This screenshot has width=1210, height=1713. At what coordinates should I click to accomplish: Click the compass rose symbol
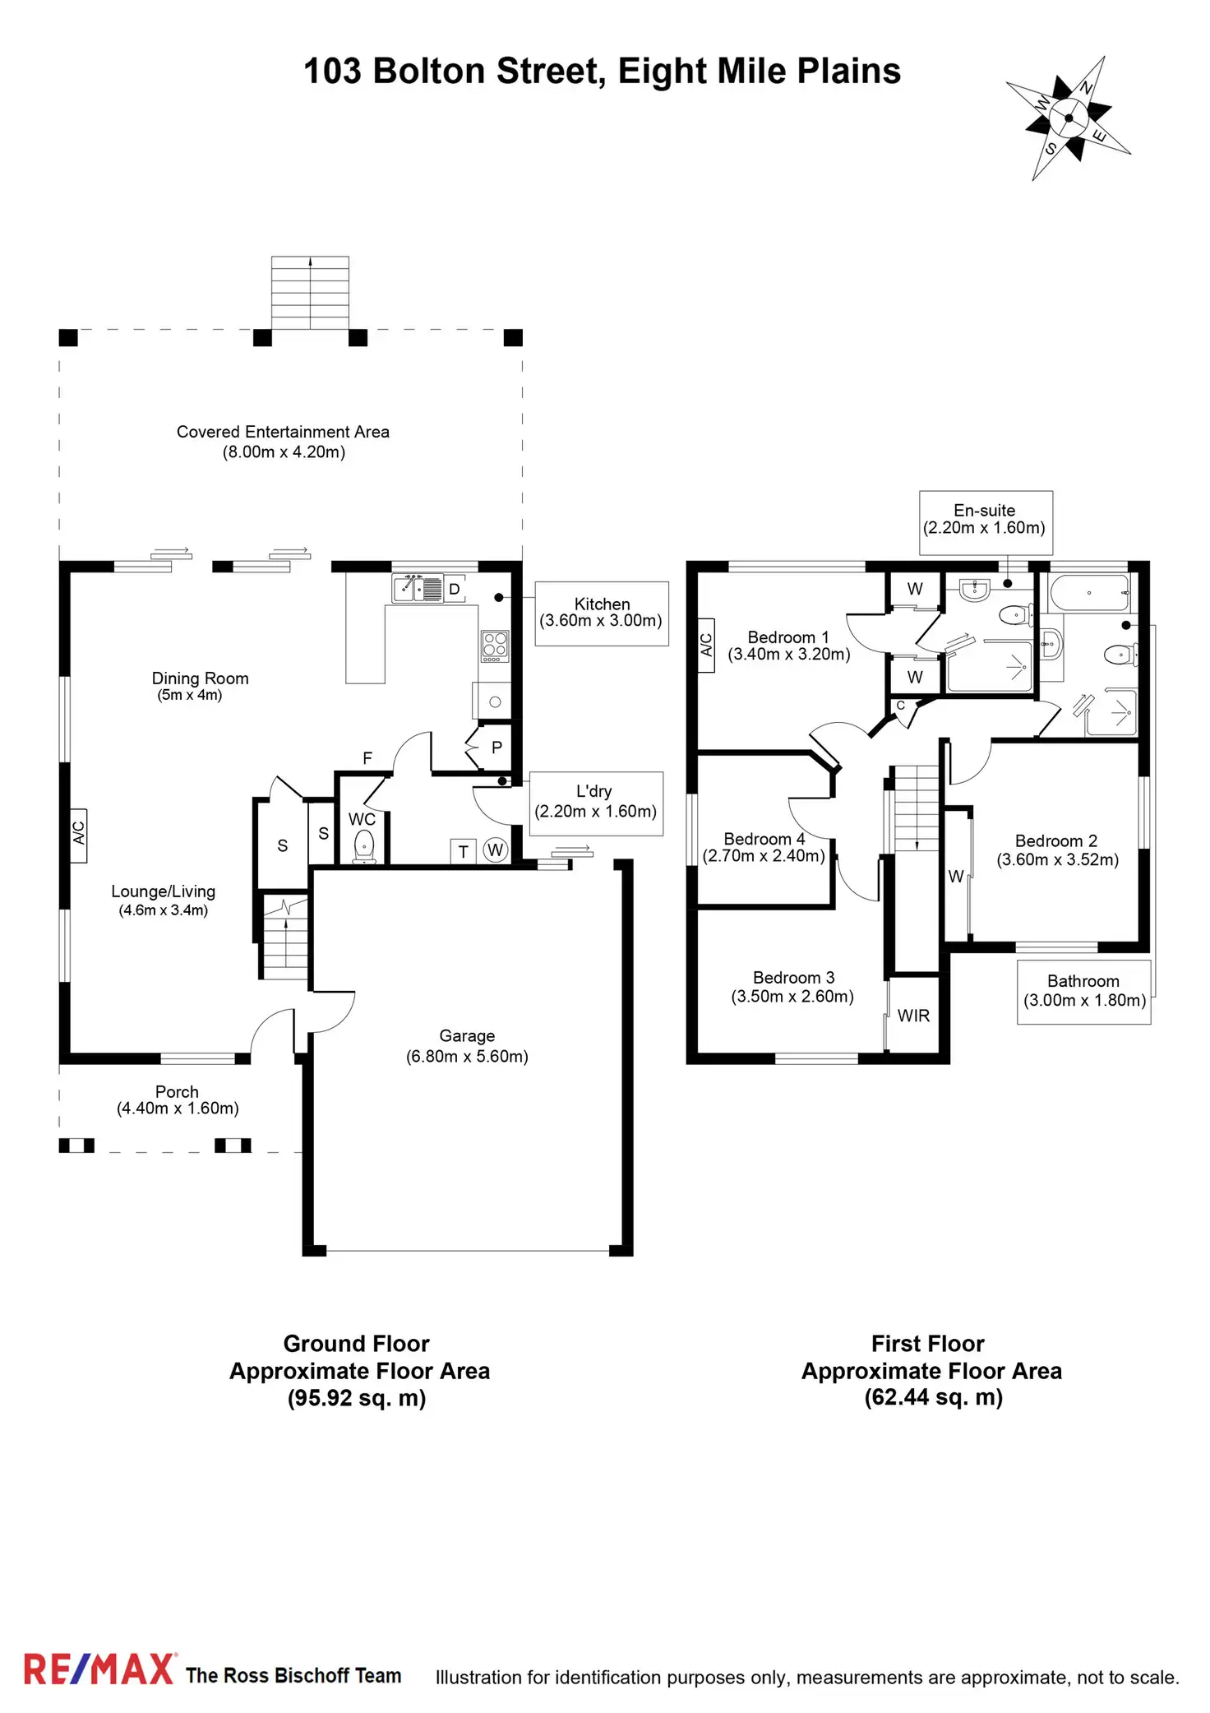pyautogui.click(x=1069, y=118)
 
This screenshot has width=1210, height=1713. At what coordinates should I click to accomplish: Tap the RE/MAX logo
pyautogui.click(x=99, y=1669)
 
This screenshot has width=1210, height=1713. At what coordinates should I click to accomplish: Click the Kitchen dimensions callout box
pyautogui.click(x=602, y=613)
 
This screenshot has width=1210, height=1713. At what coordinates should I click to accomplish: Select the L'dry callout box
pyautogui.click(x=595, y=803)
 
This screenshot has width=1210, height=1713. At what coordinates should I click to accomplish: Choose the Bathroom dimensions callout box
pyautogui.click(x=1083, y=992)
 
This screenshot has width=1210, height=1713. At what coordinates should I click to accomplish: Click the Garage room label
pyautogui.click(x=467, y=1036)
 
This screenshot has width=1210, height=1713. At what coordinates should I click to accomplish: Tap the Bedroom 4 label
pyautogui.click(x=764, y=839)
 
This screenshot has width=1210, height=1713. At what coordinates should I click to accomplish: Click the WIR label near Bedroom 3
pyautogui.click(x=913, y=1016)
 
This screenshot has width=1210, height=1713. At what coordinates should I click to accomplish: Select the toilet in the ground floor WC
pyautogui.click(x=363, y=846)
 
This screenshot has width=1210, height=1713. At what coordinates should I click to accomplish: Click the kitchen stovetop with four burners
pyautogui.click(x=495, y=646)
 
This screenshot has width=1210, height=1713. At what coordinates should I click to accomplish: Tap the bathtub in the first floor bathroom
pyautogui.click(x=1090, y=593)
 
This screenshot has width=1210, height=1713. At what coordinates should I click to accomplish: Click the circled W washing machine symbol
pyautogui.click(x=495, y=850)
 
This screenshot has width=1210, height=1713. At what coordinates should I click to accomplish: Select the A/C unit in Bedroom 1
pyautogui.click(x=706, y=646)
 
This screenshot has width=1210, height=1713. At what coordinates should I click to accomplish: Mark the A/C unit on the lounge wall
pyautogui.click(x=79, y=835)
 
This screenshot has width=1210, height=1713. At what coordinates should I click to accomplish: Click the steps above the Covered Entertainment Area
pyautogui.click(x=310, y=293)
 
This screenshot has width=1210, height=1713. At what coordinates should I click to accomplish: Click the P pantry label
pyautogui.click(x=496, y=748)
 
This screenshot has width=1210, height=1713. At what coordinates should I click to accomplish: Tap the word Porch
pyautogui.click(x=177, y=1092)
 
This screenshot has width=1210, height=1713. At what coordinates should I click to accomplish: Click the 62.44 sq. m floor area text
pyautogui.click(x=933, y=1397)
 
